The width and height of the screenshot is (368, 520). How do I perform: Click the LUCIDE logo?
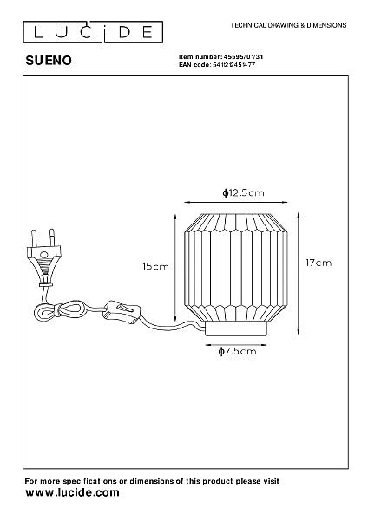[93, 32]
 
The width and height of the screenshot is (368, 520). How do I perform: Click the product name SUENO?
[49, 61]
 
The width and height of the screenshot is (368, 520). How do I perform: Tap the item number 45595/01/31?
[244, 57]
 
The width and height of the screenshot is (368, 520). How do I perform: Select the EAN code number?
[233, 65]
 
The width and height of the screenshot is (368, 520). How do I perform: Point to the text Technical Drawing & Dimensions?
[289, 25]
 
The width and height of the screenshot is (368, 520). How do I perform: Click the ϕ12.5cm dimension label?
[243, 192]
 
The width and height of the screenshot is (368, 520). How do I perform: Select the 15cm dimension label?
[155, 266]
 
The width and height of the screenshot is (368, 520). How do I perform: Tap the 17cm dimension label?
[319, 263]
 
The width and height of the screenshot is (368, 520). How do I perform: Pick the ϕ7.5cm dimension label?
[238, 351]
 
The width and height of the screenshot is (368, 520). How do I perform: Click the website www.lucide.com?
[72, 492]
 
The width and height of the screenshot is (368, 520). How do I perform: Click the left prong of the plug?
[34, 237]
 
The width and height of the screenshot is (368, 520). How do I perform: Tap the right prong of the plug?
[52, 237]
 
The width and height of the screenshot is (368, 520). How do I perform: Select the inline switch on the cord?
[121, 312]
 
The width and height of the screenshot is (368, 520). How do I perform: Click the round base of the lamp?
[236, 328]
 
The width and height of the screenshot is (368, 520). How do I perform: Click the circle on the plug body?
[43, 255]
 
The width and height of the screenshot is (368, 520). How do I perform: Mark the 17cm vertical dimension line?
[299, 273]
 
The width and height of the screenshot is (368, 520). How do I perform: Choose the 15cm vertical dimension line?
[174, 267]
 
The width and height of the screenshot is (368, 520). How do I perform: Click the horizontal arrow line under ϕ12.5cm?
[236, 202]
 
